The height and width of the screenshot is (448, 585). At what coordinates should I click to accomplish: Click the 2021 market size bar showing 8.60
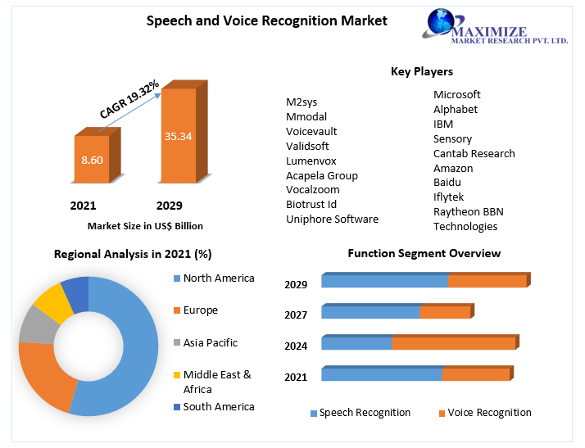click(x=91, y=160)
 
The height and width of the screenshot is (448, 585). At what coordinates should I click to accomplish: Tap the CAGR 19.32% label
click(x=129, y=100)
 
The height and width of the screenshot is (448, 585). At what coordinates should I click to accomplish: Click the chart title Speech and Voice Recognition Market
click(x=266, y=20)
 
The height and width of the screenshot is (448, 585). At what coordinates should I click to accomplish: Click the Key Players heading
click(x=422, y=72)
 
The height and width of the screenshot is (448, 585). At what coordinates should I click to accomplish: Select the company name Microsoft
click(x=457, y=94)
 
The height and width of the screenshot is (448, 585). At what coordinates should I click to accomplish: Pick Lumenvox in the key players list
click(x=311, y=161)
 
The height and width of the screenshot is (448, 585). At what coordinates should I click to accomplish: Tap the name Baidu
click(x=447, y=182)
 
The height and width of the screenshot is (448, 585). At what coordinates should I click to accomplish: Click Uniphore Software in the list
click(x=332, y=219)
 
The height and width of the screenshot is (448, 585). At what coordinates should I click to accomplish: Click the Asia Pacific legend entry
click(x=211, y=342)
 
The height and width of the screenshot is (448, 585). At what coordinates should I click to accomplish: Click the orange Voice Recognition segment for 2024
click(x=452, y=343)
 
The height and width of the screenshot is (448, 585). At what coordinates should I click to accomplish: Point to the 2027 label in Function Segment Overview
click(x=296, y=315)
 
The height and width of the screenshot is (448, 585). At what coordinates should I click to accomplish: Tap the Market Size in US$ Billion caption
click(x=145, y=225)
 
